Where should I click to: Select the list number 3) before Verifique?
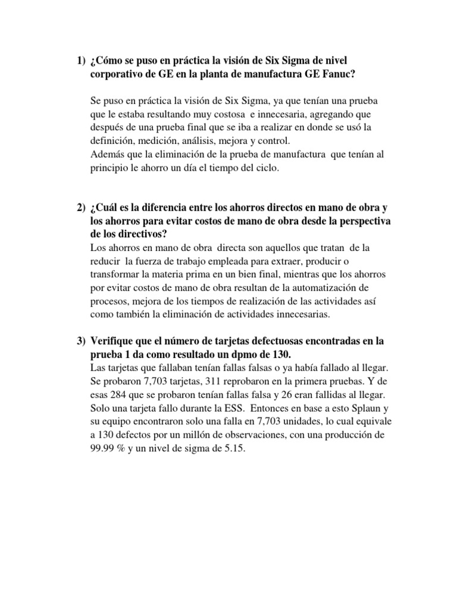tap(81, 341)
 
